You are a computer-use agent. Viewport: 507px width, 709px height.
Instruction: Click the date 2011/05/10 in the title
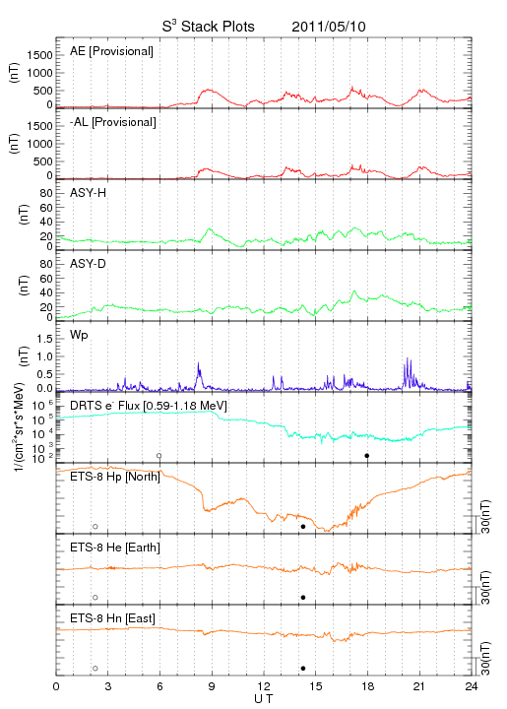click(x=329, y=27)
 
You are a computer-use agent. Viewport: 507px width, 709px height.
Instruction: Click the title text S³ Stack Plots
click(x=209, y=27)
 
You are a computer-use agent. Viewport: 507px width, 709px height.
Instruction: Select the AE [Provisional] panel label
click(x=111, y=51)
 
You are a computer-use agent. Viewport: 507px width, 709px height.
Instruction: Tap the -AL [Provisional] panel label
click(x=113, y=122)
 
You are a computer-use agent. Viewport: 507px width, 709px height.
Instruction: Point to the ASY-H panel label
click(x=89, y=193)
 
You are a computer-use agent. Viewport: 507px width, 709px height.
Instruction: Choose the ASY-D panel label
click(x=89, y=264)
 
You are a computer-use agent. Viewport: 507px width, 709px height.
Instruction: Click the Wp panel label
click(x=79, y=335)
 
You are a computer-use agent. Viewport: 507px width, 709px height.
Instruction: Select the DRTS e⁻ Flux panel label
click(x=149, y=406)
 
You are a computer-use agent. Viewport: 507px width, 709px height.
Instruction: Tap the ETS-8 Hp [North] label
click(x=115, y=477)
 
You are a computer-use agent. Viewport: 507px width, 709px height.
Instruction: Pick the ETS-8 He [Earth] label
click(x=115, y=548)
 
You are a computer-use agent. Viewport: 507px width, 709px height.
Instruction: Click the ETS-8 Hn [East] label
click(x=112, y=618)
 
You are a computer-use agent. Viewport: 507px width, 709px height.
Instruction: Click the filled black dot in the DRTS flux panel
click(x=367, y=456)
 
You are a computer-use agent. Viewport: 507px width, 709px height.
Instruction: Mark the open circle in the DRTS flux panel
click(x=159, y=456)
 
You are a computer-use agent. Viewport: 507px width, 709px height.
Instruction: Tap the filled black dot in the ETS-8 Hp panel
click(x=303, y=527)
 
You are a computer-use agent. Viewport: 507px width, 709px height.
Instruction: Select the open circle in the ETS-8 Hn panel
click(x=95, y=669)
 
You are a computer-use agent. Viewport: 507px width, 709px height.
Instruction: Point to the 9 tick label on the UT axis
click(x=212, y=686)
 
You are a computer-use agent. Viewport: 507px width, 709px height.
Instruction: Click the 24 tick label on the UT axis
click(x=471, y=686)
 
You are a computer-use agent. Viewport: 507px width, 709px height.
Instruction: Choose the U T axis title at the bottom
click(x=264, y=699)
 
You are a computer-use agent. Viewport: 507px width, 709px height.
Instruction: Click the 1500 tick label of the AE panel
click(x=39, y=55)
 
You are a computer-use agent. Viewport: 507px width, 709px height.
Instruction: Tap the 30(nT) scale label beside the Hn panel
click(x=485, y=658)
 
